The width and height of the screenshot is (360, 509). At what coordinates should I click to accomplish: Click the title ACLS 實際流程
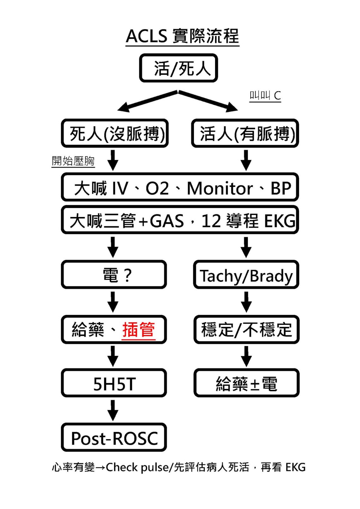click(182, 36)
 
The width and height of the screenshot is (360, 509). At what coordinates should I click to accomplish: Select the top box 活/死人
click(178, 68)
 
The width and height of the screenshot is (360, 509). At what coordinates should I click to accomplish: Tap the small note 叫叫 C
click(265, 95)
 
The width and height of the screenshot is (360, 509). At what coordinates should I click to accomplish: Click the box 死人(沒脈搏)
click(115, 133)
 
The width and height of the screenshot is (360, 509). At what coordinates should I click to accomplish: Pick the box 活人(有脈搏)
click(245, 133)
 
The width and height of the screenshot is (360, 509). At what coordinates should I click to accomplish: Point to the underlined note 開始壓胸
click(73, 161)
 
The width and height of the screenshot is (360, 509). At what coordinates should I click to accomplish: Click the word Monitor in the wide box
click(220, 189)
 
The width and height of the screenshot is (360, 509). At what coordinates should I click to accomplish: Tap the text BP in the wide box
click(281, 189)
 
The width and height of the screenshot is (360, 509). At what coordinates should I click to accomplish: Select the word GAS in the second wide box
click(167, 221)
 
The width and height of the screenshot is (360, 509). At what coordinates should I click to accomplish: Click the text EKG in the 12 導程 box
click(280, 221)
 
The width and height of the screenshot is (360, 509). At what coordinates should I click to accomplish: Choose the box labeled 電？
click(114, 275)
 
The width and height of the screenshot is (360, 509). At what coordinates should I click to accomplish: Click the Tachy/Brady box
click(246, 275)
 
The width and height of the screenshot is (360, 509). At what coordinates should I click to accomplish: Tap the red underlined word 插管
click(138, 330)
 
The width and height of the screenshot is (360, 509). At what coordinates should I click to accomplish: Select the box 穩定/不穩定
click(246, 330)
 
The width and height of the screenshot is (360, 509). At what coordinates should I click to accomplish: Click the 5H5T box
click(114, 384)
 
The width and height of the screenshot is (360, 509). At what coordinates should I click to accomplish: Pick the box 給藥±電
click(246, 384)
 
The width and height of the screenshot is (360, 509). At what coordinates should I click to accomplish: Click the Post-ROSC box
click(114, 438)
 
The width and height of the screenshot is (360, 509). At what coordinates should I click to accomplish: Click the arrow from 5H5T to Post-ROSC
click(113, 410)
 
